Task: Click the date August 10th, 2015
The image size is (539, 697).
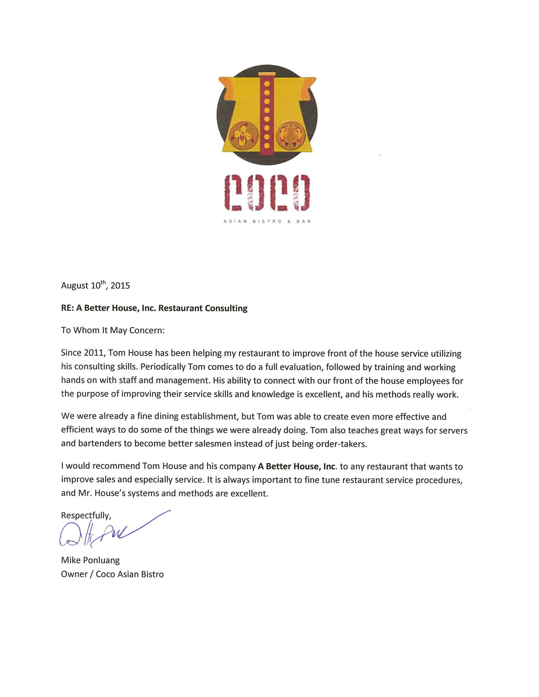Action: point(96,285)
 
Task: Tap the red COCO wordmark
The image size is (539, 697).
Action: point(267,192)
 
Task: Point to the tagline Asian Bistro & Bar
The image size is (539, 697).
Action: point(267,221)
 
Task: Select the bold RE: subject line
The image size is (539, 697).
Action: point(154,308)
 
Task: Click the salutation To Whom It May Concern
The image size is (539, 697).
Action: point(112,330)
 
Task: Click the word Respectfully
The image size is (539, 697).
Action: point(86,515)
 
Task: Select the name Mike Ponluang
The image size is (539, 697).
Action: point(90,560)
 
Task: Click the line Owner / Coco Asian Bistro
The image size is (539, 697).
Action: point(112,574)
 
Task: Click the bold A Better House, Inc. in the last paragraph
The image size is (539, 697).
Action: point(297,466)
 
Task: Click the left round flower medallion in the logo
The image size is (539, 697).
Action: point(243,135)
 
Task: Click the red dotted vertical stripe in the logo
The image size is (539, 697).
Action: point(267,114)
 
